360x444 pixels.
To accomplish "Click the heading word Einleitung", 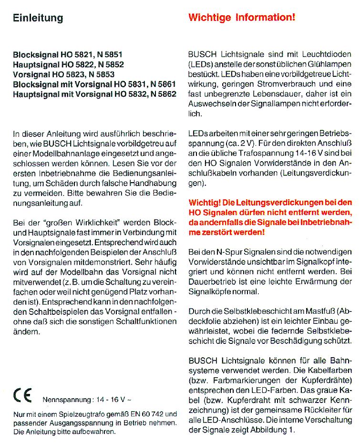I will pos(38,18).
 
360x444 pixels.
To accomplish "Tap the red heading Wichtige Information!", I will pos(242,18).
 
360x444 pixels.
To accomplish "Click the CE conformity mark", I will pos(22,396).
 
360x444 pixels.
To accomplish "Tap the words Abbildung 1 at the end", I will pos(272,430).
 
